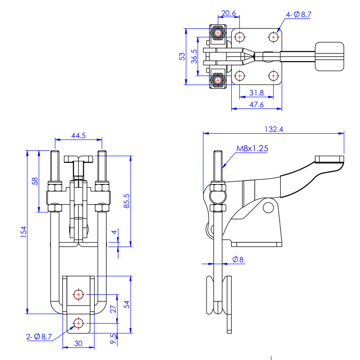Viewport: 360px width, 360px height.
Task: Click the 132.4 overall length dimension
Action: pos(274,129)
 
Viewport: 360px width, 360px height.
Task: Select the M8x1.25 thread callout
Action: pos(252,148)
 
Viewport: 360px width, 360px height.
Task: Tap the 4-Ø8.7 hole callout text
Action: pos(298,15)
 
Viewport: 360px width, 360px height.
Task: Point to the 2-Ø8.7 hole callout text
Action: pos(39,337)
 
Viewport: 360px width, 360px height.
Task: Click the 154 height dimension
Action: pos(23,232)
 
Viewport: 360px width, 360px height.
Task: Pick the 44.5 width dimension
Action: pos(78,135)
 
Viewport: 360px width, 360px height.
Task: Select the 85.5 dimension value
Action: pos(126,201)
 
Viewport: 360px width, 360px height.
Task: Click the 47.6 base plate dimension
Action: pos(256,105)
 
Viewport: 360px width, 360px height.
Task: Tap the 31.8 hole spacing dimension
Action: pos(256,93)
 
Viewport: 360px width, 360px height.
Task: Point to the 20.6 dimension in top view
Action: pos(229,13)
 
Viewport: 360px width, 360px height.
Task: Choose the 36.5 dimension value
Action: pos(194,57)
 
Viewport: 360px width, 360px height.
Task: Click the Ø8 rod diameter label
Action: pos(238,260)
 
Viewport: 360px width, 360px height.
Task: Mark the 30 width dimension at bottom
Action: pos(78,343)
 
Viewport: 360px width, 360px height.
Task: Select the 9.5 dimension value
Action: pos(113,339)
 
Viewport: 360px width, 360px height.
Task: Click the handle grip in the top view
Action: pos(329,57)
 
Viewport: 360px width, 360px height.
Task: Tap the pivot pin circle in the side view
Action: pos(268,207)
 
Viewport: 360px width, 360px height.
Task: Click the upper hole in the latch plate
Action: pos(78,294)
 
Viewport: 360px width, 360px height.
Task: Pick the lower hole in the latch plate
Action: pos(78,323)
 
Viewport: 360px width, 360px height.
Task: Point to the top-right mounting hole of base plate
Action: pos(274,37)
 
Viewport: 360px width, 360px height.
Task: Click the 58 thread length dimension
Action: pos(35,181)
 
